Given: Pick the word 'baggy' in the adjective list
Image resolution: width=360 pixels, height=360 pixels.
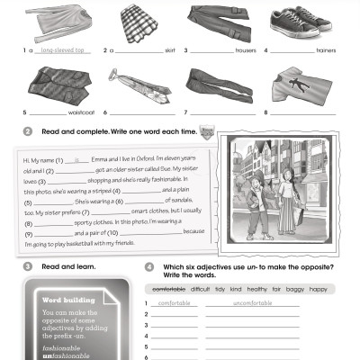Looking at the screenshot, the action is coord(293,289).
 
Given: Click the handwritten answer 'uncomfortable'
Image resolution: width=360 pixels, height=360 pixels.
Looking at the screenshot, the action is coord(251,302).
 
